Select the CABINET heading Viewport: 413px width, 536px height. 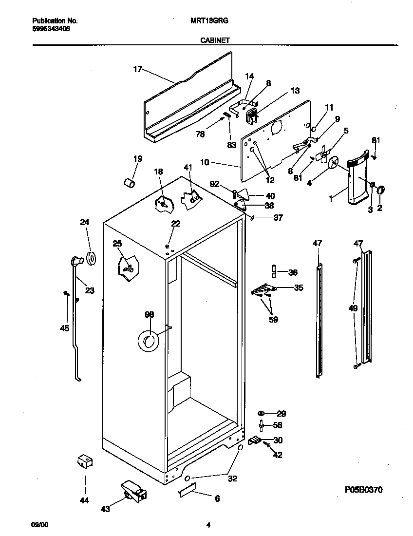(215, 41)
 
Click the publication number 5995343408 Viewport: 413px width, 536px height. (51, 29)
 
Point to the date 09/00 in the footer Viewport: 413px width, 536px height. (40, 525)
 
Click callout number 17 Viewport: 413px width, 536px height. (137, 69)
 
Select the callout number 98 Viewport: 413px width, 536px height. (149, 314)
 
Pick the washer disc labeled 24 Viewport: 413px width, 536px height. (91, 258)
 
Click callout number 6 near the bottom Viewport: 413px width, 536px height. (217, 498)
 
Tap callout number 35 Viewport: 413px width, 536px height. (298, 288)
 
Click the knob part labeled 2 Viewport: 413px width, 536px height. (381, 190)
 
